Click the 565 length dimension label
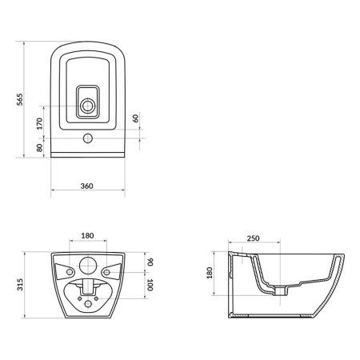point(20,99)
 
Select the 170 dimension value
point(39,123)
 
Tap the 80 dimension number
point(39,148)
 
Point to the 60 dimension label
point(136,118)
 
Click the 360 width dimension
point(87,186)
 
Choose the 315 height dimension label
point(20,285)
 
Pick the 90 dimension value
point(150,262)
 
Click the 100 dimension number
point(150,285)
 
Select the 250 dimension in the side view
point(253,238)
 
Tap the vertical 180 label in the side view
point(210,273)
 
